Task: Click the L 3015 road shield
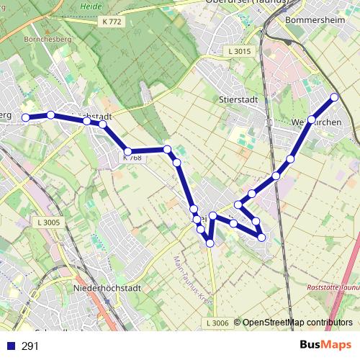tap(239, 51)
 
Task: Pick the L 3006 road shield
tap(217, 323)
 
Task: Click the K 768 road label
tap(132, 158)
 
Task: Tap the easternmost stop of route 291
tap(334, 97)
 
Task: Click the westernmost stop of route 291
tap(25, 117)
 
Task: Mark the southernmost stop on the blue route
tap(210, 243)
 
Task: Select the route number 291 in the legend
tap(30, 346)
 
